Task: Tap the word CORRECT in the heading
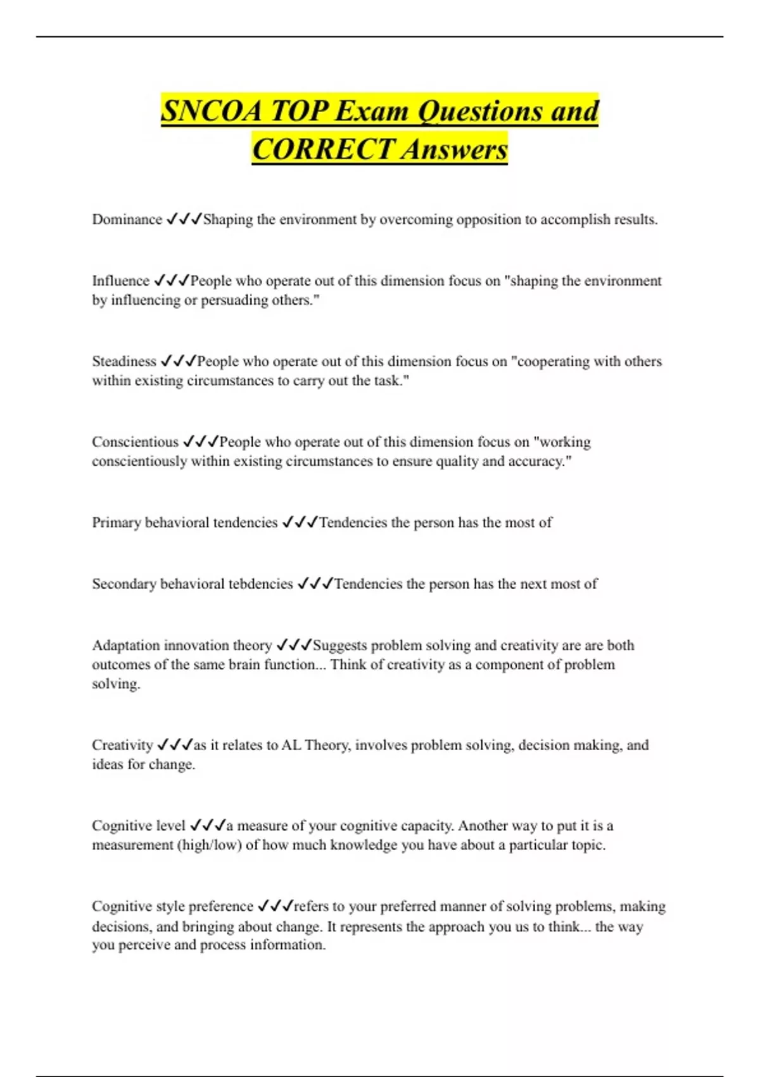322,150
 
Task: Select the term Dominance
127,219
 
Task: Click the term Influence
120,281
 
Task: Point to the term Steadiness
124,361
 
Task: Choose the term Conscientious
135,442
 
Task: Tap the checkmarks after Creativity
174,745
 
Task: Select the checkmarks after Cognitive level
208,825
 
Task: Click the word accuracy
540,461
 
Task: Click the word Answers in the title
454,150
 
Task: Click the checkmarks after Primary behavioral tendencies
300,522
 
